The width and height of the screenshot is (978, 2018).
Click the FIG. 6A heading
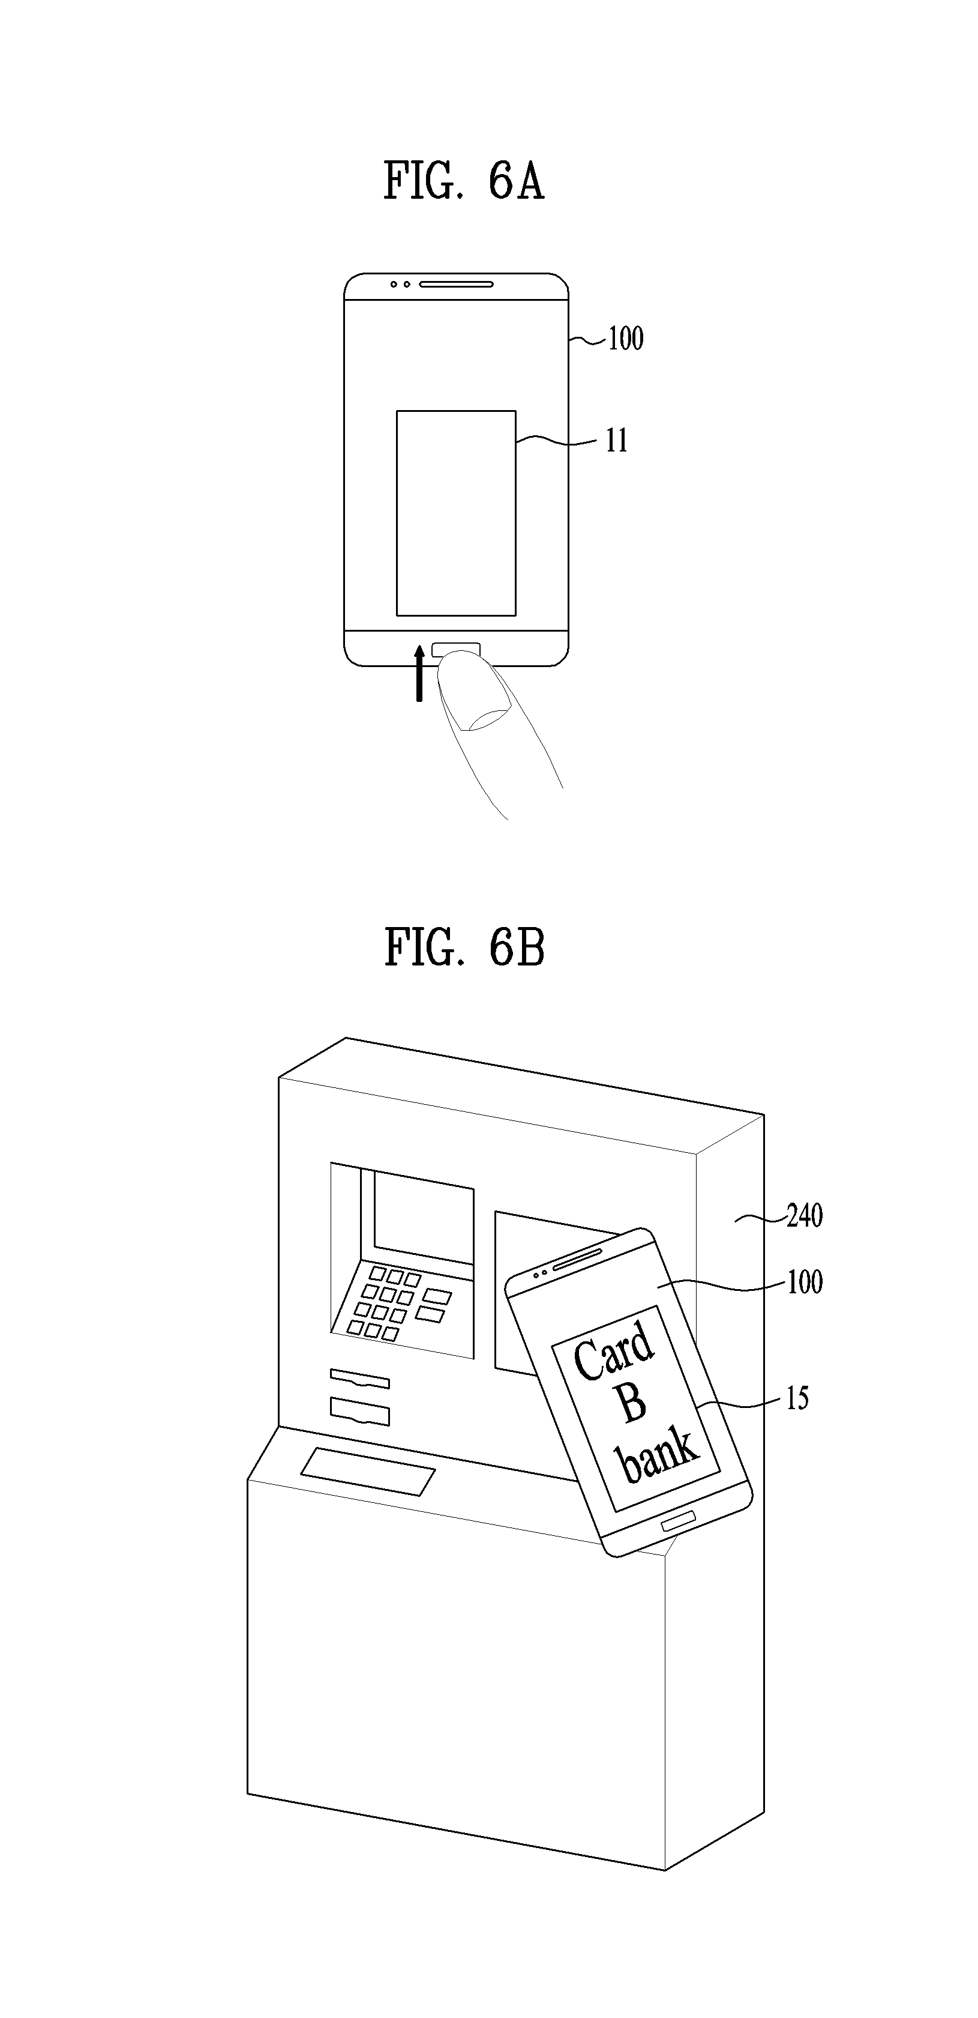pos(464,181)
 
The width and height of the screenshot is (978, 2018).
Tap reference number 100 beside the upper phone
pos(626,339)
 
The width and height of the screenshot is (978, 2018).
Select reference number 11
pos(617,441)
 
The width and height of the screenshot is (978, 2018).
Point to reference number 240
pos(804,1216)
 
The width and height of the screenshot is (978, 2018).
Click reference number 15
pos(797,1398)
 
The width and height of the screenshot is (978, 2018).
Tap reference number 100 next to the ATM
pos(804,1282)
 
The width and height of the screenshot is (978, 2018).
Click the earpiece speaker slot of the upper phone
pos(456,283)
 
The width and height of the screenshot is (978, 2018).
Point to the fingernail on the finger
pos(485,717)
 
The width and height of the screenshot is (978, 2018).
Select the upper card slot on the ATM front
pos(359,1378)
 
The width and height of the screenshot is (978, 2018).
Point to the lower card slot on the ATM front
pos(359,1412)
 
